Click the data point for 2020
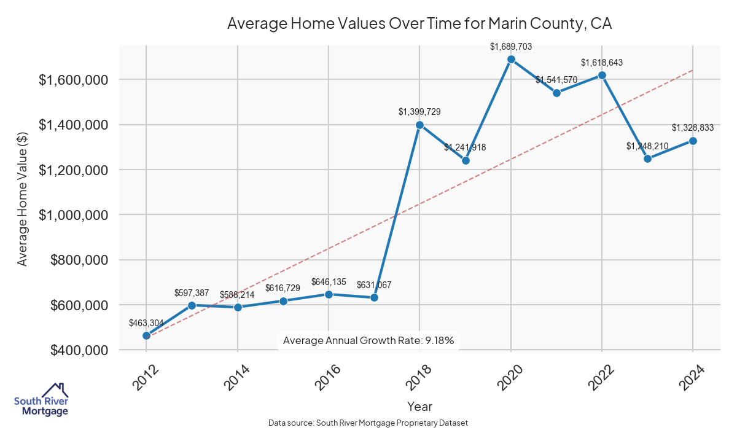511,60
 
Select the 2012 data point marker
146,335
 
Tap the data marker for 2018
419,125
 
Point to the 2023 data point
647,158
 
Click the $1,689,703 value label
511,46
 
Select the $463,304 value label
146,322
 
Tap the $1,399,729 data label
419,111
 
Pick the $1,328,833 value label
693,128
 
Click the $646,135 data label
329,282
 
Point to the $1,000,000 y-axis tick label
74,215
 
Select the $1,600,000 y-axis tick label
74,80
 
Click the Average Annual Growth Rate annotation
368,340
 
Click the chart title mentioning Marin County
419,23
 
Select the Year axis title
419,406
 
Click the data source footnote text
368,423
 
